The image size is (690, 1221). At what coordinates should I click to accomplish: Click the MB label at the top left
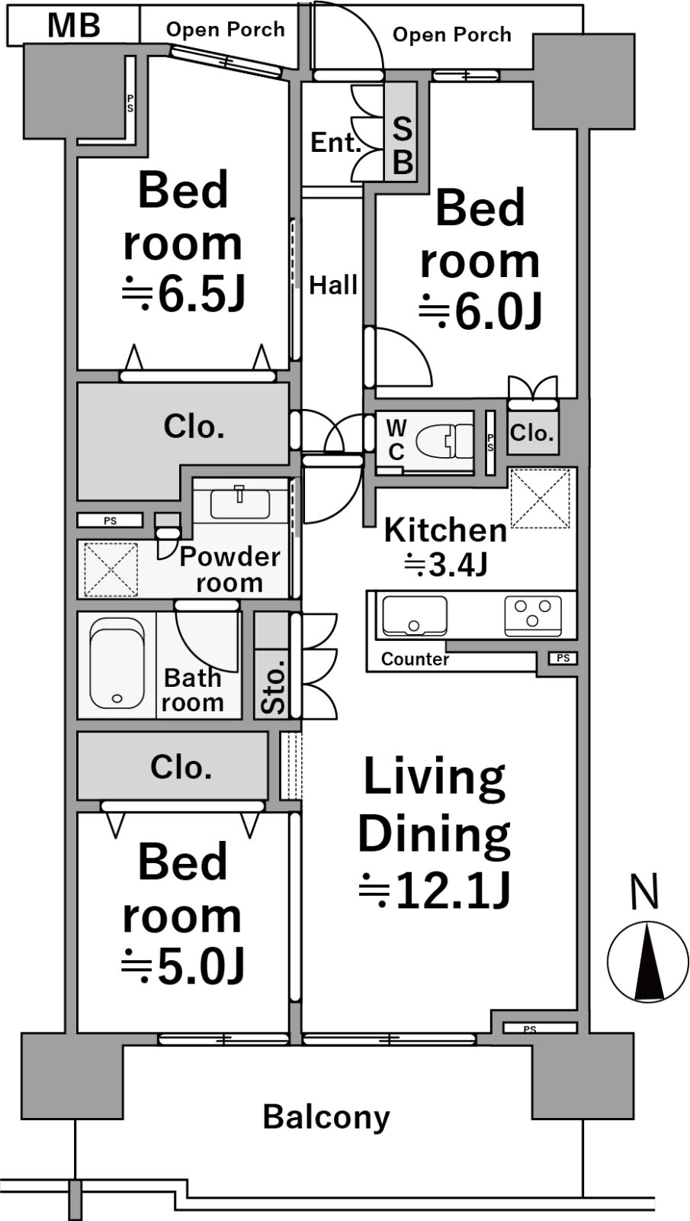pyautogui.click(x=74, y=26)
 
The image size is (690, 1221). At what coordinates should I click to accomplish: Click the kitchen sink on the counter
pyautogui.click(x=415, y=615)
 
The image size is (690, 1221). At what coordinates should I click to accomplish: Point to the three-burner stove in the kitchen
pyautogui.click(x=533, y=615)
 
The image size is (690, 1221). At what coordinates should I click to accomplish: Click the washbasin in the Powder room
pyautogui.click(x=239, y=503)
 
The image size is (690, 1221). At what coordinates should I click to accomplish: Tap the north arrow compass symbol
pyautogui.click(x=648, y=962)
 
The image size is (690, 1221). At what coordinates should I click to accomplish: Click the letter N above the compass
pyautogui.click(x=645, y=892)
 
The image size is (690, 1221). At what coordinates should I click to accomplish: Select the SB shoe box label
pyautogui.click(x=403, y=145)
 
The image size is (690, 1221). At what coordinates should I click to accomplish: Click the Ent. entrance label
pyautogui.click(x=336, y=143)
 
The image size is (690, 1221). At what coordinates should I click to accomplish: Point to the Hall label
pyautogui.click(x=333, y=285)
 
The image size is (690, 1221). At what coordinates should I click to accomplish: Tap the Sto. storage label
pyautogui.click(x=274, y=687)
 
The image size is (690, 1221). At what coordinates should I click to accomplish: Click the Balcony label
pyautogui.click(x=326, y=1117)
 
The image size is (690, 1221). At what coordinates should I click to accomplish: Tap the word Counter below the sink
pyautogui.click(x=415, y=659)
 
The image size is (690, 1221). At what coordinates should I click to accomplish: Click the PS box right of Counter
pyautogui.click(x=563, y=659)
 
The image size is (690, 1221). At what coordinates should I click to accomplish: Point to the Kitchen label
pyautogui.click(x=445, y=530)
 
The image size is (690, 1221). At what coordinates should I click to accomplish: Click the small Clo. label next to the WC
pyautogui.click(x=532, y=433)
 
